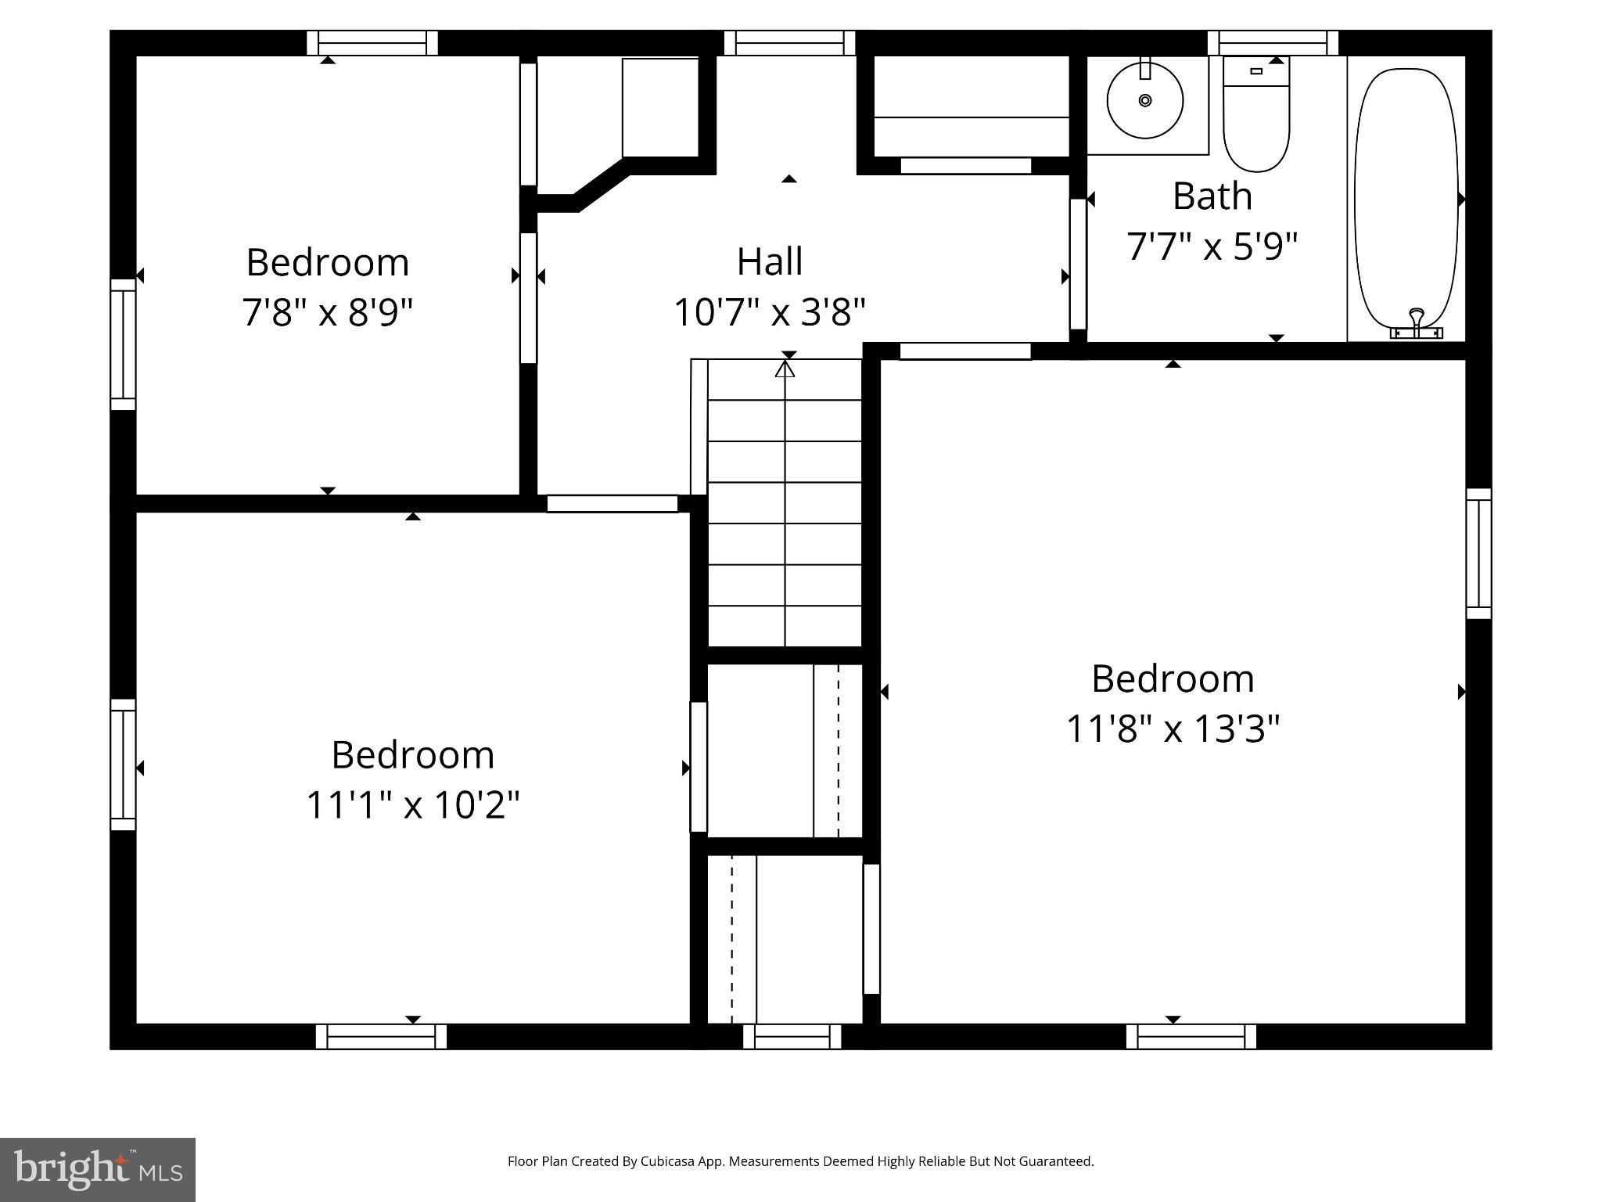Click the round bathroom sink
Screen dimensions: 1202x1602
pyautogui.click(x=1144, y=100)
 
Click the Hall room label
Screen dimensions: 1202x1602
pyautogui.click(x=770, y=261)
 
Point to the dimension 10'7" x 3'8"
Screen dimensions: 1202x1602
pyautogui.click(x=770, y=312)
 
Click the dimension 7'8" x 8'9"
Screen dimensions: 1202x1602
pyautogui.click(x=327, y=312)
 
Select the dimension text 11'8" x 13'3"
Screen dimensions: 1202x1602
pyautogui.click(x=1173, y=729)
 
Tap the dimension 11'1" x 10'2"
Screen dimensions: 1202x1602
pyautogui.click(x=412, y=804)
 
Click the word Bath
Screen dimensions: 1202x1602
pyautogui.click(x=1212, y=196)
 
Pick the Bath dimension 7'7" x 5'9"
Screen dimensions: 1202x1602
pyautogui.click(x=1212, y=246)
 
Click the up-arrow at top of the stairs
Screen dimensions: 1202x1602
pyautogui.click(x=785, y=367)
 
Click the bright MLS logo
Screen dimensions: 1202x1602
pyautogui.click(x=97, y=1169)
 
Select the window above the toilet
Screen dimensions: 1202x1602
pyautogui.click(x=1273, y=42)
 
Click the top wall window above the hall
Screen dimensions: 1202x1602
pyautogui.click(x=789, y=42)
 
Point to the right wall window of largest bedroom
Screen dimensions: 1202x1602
pyautogui.click(x=1478, y=553)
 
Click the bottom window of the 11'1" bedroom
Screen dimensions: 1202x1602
pyautogui.click(x=381, y=1036)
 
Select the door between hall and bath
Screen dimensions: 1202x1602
pyautogui.click(x=1078, y=264)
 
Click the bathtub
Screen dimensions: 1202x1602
pyautogui.click(x=1406, y=200)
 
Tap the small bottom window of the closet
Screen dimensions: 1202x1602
pyautogui.click(x=792, y=1036)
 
